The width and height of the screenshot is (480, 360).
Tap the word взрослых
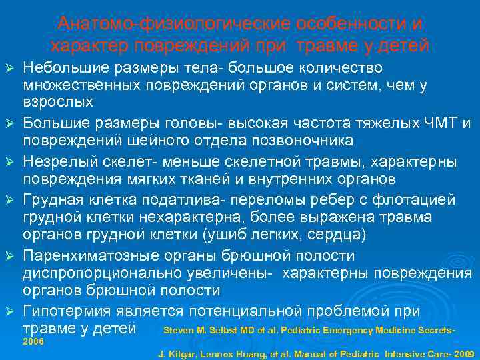(58, 103)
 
